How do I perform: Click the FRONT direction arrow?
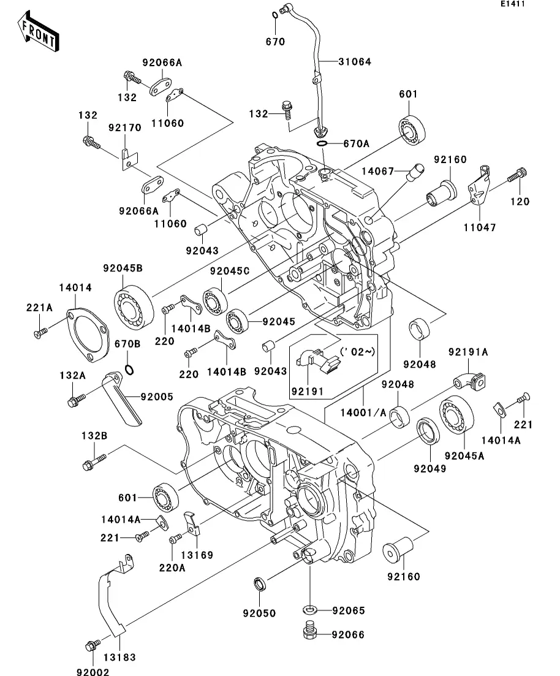(39, 32)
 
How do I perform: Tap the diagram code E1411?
(513, 4)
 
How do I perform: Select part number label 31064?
(355, 62)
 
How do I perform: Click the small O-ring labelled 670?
(275, 16)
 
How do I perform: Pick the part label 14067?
(377, 171)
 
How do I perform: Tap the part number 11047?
(480, 227)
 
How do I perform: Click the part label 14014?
(75, 287)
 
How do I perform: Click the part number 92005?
(157, 397)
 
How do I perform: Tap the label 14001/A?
(363, 413)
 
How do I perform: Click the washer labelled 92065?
(310, 610)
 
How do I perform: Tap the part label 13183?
(119, 658)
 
